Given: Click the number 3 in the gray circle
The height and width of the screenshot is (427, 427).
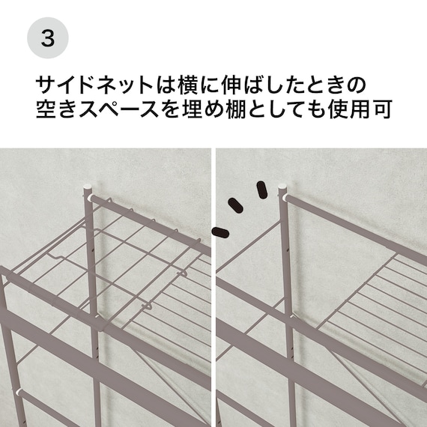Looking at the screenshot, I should [x=47, y=37].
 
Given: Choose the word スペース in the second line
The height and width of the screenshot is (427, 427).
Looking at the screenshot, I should [x=118, y=110].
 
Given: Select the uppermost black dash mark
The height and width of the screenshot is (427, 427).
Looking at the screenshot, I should [x=261, y=190].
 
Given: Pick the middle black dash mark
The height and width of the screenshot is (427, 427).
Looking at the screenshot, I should [x=238, y=207].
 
